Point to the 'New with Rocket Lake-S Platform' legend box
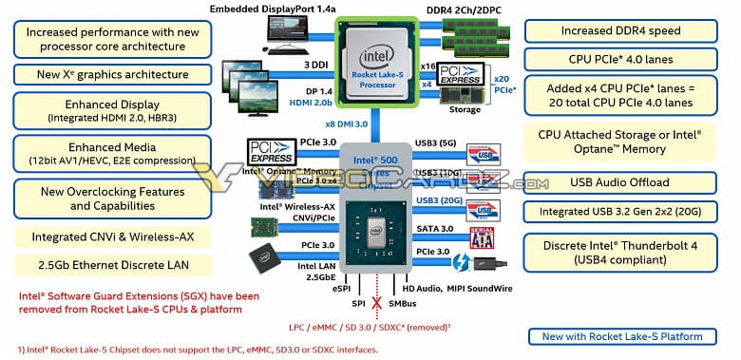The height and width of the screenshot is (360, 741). coord(622,335)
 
